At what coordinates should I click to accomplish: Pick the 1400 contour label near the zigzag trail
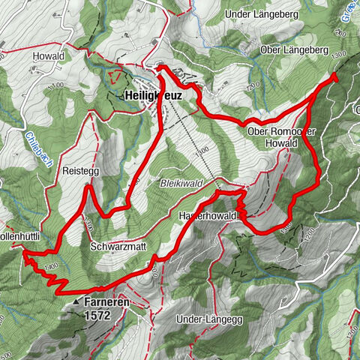coord(51,266)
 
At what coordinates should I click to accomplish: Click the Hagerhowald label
coord(208,216)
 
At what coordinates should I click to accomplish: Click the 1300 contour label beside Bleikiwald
coord(202,152)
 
